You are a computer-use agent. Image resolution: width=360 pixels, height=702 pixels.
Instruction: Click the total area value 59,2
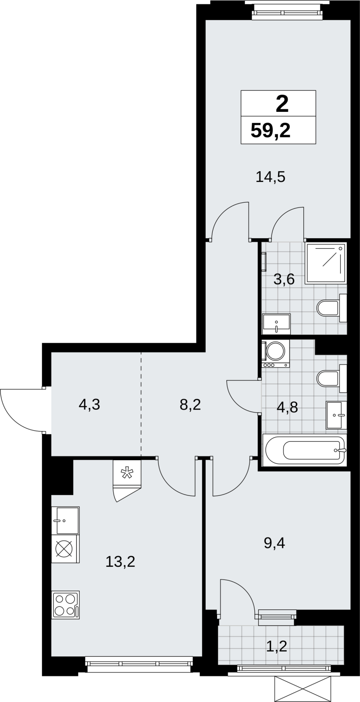[271, 131]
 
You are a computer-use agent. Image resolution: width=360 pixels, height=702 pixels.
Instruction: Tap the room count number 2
[282, 104]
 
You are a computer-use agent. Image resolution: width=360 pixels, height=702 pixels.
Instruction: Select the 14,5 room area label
[271, 177]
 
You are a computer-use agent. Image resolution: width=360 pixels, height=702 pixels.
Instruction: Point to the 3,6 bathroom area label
[284, 279]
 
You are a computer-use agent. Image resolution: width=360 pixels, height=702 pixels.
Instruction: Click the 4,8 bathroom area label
[287, 408]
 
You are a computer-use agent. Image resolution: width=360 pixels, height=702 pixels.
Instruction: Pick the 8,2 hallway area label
[190, 405]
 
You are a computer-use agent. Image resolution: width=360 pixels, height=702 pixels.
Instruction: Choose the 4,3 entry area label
[89, 405]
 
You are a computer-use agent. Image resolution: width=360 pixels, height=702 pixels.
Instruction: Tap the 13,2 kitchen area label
[120, 562]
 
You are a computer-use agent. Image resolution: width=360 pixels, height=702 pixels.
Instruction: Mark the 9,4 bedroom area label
[274, 543]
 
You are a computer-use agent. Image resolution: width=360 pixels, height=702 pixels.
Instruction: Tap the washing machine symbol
[276, 354]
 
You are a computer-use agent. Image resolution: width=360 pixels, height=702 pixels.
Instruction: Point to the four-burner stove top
[65, 605]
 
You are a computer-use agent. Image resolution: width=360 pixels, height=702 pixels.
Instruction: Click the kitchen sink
[65, 521]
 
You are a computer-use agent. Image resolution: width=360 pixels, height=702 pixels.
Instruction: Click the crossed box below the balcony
[303, 687]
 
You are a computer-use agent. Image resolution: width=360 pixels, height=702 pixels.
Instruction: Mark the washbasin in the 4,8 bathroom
[336, 415]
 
